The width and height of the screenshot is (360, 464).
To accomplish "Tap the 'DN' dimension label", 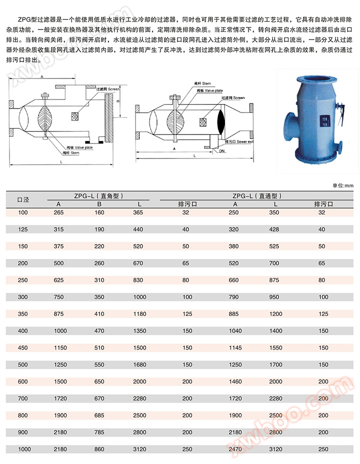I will point(220,151).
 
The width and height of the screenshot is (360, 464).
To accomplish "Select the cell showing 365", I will point(138,212).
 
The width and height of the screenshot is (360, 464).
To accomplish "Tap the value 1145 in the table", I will point(234,348).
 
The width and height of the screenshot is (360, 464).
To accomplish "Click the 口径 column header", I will point(23,199).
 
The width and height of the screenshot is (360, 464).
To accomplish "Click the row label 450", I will point(23,348).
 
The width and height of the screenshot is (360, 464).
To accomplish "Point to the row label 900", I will point(23,432).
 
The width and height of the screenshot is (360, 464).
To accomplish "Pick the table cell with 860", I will point(99,449).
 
